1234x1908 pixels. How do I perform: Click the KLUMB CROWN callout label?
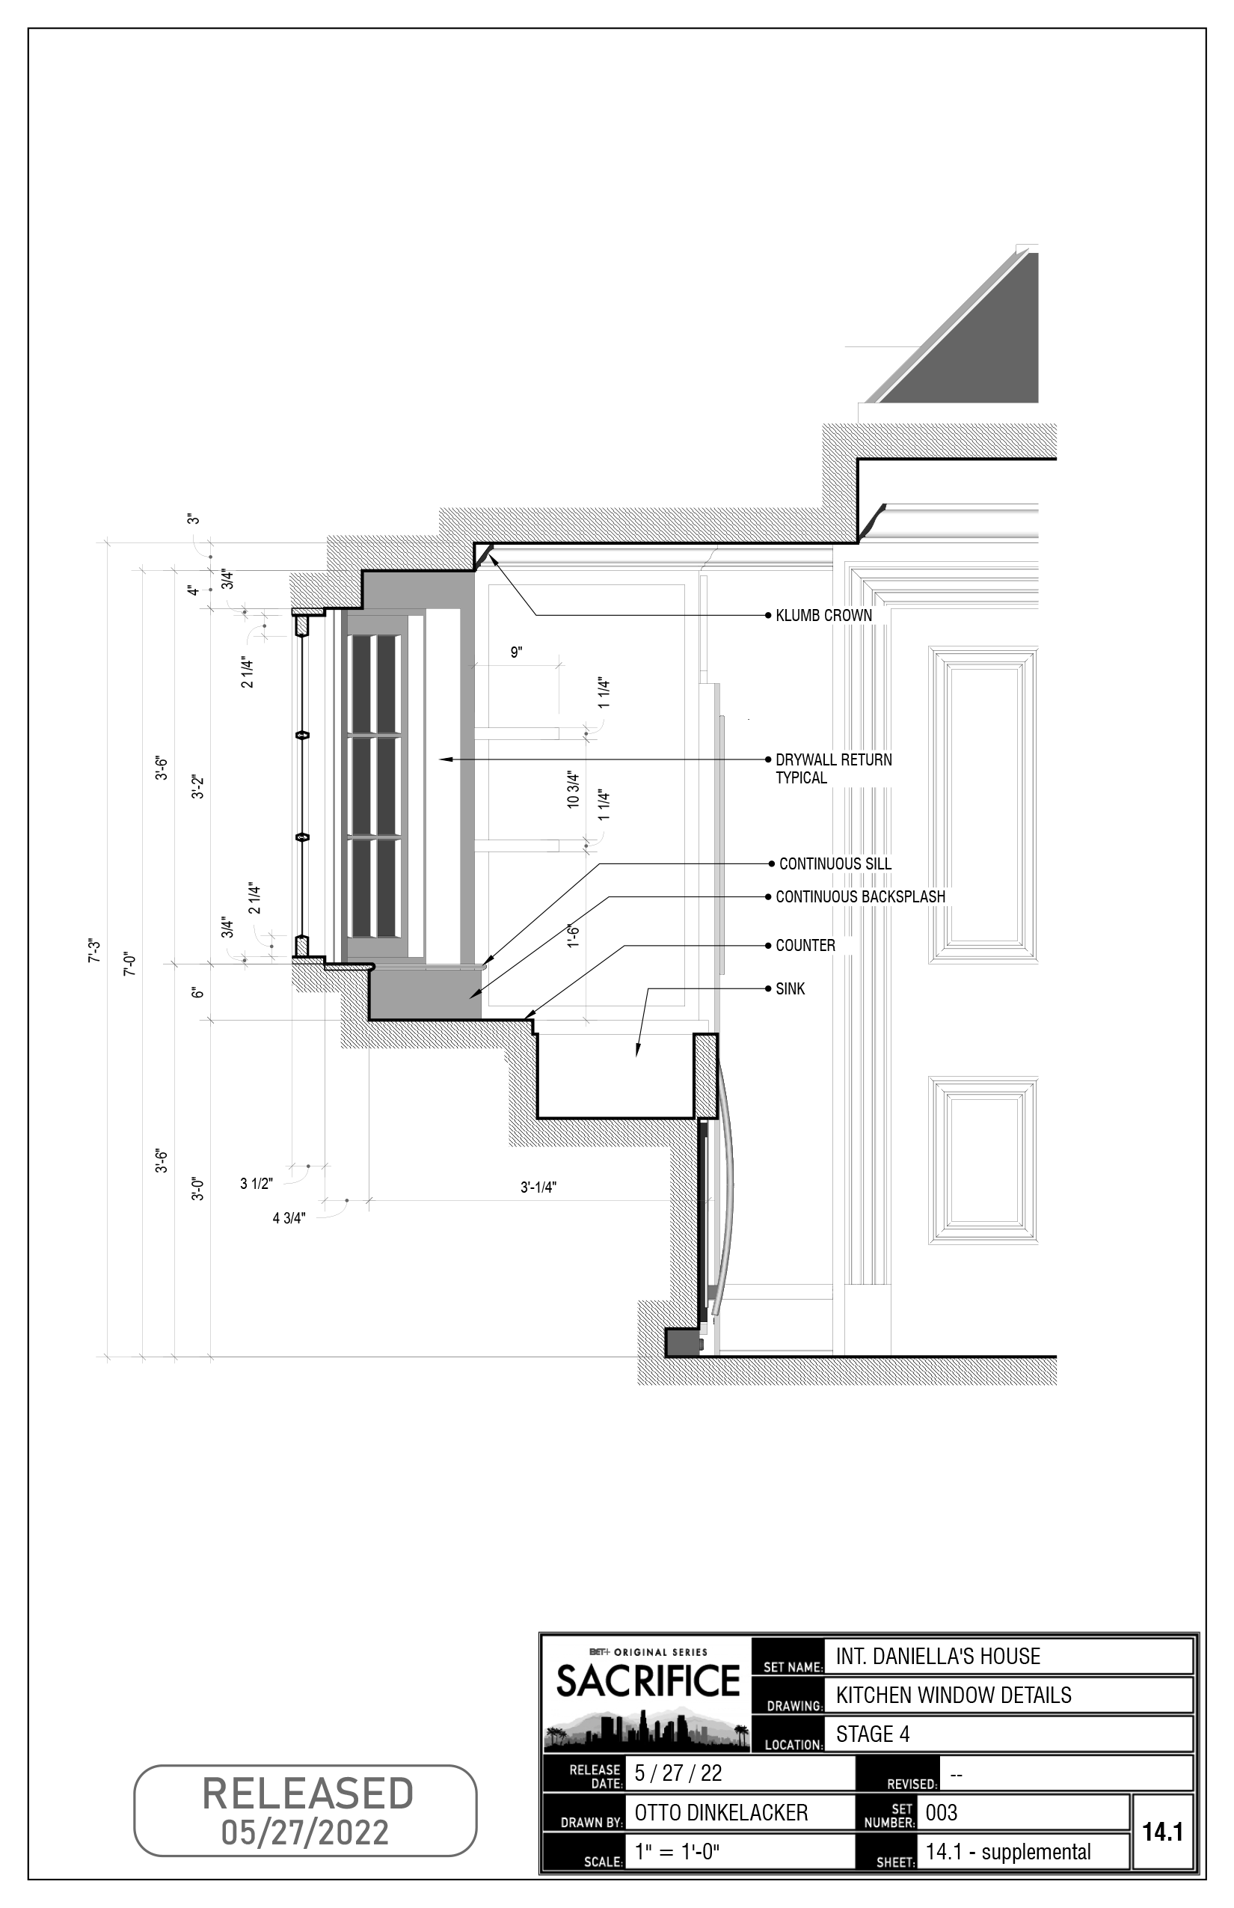point(823,616)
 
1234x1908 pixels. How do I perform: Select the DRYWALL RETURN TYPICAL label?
point(832,768)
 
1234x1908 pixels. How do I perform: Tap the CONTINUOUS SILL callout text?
point(835,863)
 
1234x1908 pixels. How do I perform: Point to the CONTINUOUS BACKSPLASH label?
point(860,896)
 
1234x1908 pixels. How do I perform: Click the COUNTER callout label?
point(805,945)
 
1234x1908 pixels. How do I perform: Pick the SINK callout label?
point(789,988)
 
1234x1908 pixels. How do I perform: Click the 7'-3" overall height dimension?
point(94,951)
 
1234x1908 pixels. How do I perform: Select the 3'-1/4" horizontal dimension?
point(538,1187)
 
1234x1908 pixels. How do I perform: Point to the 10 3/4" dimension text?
point(573,789)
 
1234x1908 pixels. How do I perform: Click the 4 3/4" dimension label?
point(289,1219)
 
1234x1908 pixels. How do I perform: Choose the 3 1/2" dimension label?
point(257,1183)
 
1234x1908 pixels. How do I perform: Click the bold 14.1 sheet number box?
point(1163,1832)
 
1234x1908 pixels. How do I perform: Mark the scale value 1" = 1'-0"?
point(677,1852)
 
